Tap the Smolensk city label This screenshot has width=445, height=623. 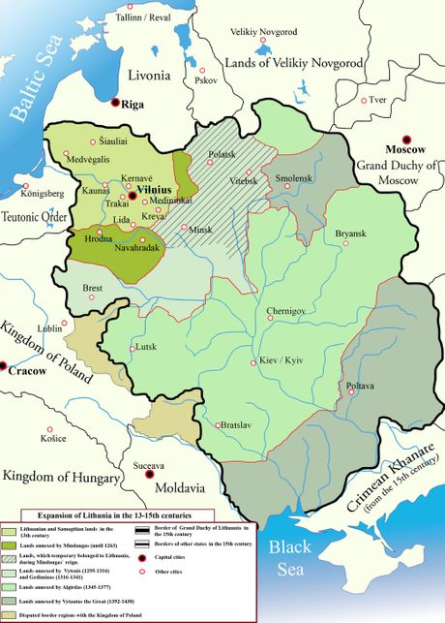point(295,179)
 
